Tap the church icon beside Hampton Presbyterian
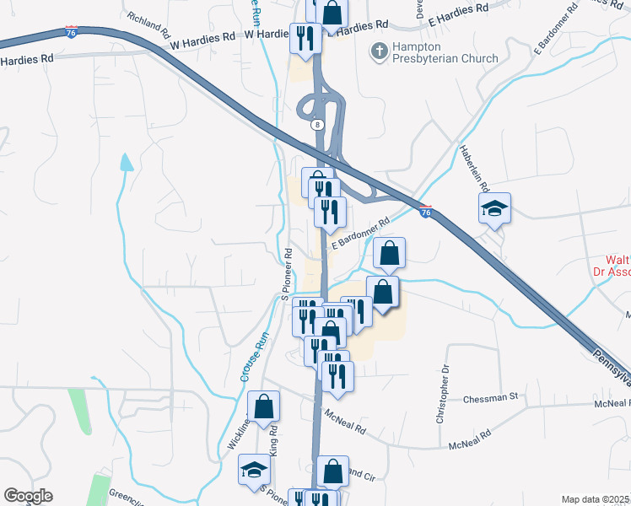pos(378,51)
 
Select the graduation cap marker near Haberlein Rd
pos(494,209)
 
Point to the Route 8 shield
pos(317,124)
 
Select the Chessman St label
pos(489,396)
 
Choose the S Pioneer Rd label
pos(286,273)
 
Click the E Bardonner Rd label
pos(360,234)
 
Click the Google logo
pos(28,496)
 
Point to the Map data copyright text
pos(595,499)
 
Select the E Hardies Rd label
pos(459,11)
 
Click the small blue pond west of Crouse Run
pos(127,162)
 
